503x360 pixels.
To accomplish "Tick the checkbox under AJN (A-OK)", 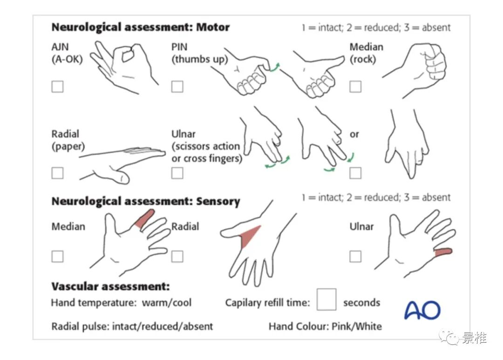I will point(57,86).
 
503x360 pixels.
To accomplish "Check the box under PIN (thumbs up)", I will point(177,86).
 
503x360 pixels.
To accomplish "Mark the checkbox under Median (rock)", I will point(355,86).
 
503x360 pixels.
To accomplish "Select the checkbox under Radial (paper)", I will point(57,173).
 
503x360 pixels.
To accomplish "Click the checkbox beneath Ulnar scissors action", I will point(177,173).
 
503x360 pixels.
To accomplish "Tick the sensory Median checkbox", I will point(57,256).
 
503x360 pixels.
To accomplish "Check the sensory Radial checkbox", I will point(177,256).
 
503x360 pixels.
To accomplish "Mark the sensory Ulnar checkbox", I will point(355,256).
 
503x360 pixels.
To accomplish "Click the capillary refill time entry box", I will point(326,299).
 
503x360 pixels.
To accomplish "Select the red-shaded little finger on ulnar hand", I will point(443,252).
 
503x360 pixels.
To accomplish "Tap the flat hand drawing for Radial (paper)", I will point(123,161).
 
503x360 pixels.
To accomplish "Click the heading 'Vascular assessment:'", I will point(110,286).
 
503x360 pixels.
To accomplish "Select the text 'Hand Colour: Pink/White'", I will point(325,326).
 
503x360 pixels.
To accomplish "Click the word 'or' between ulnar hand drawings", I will point(354,134).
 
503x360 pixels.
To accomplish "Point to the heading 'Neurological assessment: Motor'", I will point(140,27).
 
